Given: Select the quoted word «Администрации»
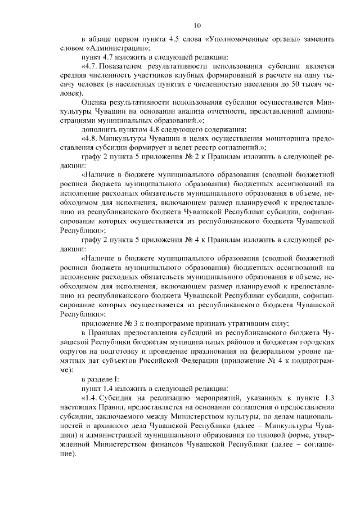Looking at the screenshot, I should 110,49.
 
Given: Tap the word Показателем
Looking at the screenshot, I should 128,66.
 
